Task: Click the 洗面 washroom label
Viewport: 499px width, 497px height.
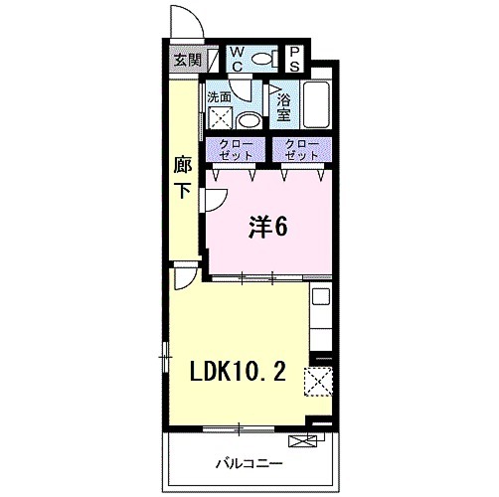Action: [220, 96]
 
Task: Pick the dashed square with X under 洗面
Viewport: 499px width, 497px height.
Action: [220, 119]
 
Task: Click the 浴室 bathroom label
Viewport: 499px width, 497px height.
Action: [283, 104]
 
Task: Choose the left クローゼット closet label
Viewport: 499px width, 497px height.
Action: [236, 151]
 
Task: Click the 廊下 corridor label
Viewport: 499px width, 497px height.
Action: [182, 177]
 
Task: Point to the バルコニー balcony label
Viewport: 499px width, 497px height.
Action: [249, 463]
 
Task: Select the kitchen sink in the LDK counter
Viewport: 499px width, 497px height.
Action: [321, 295]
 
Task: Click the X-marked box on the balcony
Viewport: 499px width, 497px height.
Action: [300, 442]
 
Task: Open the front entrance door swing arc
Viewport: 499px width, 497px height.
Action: [183, 22]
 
